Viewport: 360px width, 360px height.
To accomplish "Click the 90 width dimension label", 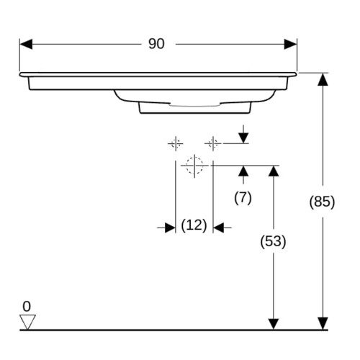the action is (x=156, y=44).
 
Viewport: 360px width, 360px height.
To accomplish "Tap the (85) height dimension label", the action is (x=322, y=202).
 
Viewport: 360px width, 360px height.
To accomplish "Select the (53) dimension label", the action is (x=273, y=241).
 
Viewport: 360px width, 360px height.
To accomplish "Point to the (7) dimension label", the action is (x=243, y=198).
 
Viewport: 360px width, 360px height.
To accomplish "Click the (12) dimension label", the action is (x=194, y=225).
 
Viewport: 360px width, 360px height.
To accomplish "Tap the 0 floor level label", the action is (x=27, y=306).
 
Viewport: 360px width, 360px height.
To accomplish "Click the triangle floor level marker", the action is (x=27, y=322).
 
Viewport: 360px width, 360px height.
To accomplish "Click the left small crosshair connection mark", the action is (x=176, y=144).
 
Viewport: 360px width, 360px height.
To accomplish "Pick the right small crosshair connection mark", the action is (x=213, y=144).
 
